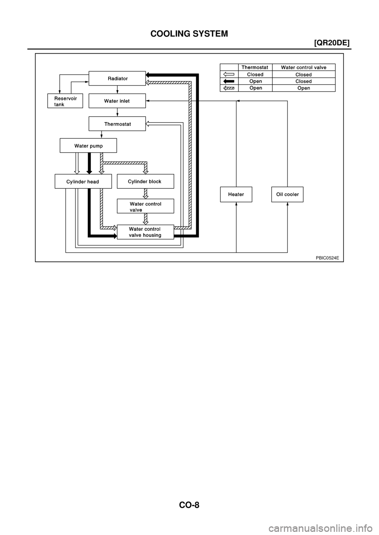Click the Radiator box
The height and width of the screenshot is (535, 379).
pos(117,78)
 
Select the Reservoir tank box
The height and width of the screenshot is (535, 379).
pos(65,101)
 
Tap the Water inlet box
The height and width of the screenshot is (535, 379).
pos(117,101)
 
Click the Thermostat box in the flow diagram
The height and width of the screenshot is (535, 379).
pos(117,124)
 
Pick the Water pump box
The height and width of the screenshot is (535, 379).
pos(88,146)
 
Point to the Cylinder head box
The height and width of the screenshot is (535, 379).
pos(83,182)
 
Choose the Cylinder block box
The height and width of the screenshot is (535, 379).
pos(145,182)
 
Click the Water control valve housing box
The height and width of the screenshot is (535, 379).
pos(145,232)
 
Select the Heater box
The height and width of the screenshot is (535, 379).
pos(236,194)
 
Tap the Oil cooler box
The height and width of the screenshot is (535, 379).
pos(287,194)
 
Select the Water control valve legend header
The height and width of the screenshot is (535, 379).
pos(304,67)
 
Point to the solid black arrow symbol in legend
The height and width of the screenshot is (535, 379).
pos(229,81)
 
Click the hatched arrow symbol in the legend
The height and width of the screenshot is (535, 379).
pos(229,88)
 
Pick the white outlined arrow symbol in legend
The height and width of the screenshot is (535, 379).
pos(229,74)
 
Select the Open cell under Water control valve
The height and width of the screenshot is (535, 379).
pos(304,88)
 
